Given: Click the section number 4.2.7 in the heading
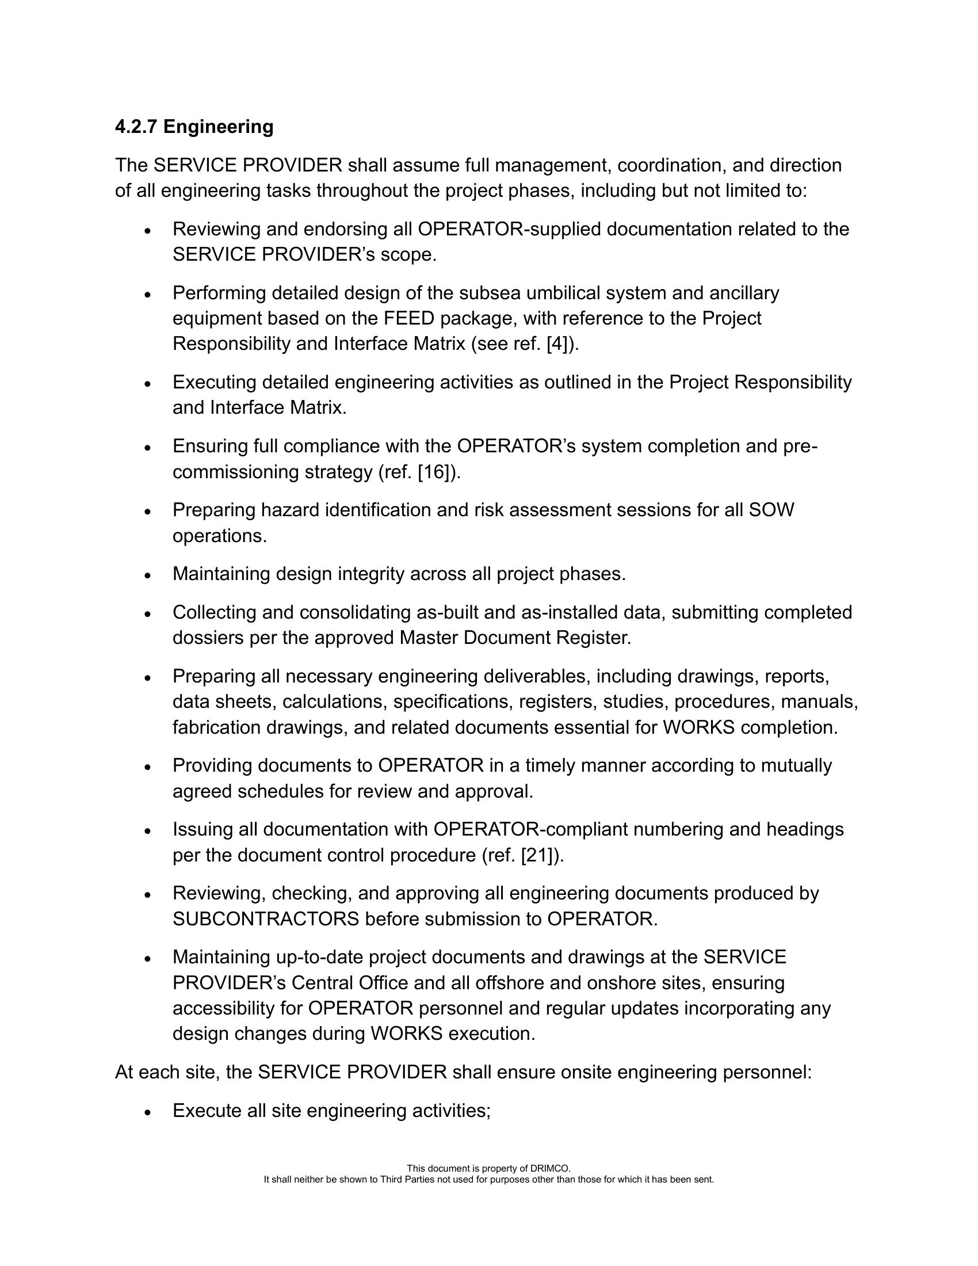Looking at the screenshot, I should click(136, 127).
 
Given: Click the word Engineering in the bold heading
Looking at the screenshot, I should click(219, 127).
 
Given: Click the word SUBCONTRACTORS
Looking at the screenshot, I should click(265, 919).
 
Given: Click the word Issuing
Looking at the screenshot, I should click(202, 829).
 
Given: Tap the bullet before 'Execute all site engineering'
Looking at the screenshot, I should click(148, 1112).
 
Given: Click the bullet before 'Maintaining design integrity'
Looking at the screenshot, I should click(148, 575).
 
